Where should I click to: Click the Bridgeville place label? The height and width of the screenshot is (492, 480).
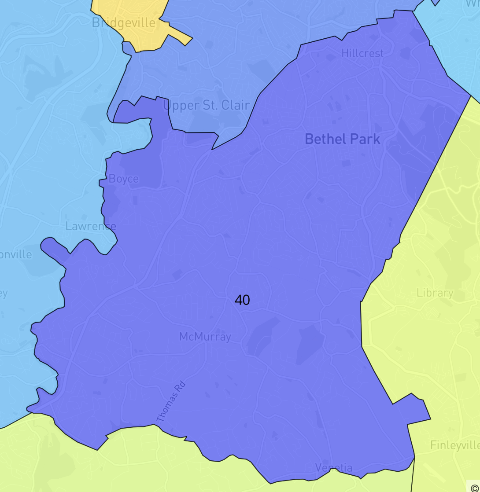[x=123, y=22]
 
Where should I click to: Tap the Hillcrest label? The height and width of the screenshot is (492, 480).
[x=362, y=53]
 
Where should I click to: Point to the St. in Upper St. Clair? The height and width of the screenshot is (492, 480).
[x=208, y=106]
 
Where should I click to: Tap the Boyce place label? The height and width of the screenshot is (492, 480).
[x=123, y=179]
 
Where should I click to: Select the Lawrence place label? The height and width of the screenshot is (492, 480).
[x=91, y=226]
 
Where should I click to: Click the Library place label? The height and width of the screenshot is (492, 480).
[x=435, y=293]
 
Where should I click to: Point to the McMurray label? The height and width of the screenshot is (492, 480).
[x=205, y=337]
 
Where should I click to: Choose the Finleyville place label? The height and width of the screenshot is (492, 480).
[x=454, y=445]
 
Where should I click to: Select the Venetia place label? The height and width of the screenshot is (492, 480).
[x=334, y=467]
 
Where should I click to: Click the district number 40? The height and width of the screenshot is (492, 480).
[x=242, y=300]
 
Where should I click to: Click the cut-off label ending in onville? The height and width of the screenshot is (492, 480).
[x=16, y=254]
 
